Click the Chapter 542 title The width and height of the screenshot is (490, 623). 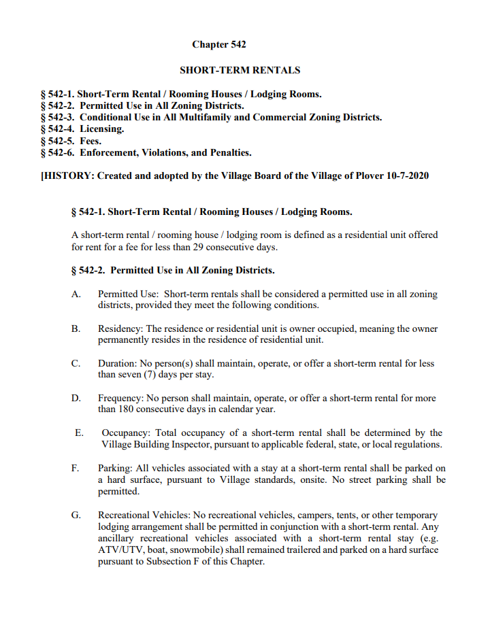click(218, 45)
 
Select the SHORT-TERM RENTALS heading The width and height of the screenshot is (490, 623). click(240, 70)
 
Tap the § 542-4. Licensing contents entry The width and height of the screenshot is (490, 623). click(82, 129)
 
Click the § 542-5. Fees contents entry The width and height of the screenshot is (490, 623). click(71, 141)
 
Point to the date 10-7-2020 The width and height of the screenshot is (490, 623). click(406, 176)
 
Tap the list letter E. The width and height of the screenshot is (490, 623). click(79, 433)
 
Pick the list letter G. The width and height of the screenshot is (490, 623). click(76, 515)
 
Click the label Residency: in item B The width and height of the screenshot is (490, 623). click(120, 329)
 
